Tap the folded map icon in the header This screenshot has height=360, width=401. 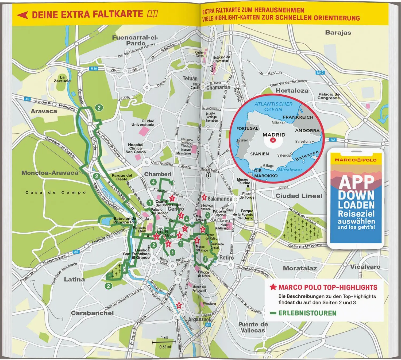point(152,14)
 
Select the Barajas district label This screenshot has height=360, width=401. point(338,33)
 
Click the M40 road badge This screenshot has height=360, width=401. point(320,73)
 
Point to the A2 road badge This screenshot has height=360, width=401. point(333,140)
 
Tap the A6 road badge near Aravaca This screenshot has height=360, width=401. point(27,99)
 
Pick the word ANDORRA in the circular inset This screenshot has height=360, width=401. point(307,131)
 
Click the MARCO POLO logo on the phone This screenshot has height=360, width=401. point(356,160)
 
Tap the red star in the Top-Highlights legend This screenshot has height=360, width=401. point(273,287)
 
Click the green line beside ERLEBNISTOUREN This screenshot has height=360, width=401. point(273,313)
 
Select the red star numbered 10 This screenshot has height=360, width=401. point(179,305)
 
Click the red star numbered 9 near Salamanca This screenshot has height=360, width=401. point(204,198)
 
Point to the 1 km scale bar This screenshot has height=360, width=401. point(164,342)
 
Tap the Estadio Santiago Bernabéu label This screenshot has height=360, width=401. point(211,117)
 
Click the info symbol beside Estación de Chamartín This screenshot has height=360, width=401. point(213,68)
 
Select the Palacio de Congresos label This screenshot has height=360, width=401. point(329,96)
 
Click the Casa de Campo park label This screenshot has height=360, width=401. point(56,192)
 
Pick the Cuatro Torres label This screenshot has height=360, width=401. point(199,54)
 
